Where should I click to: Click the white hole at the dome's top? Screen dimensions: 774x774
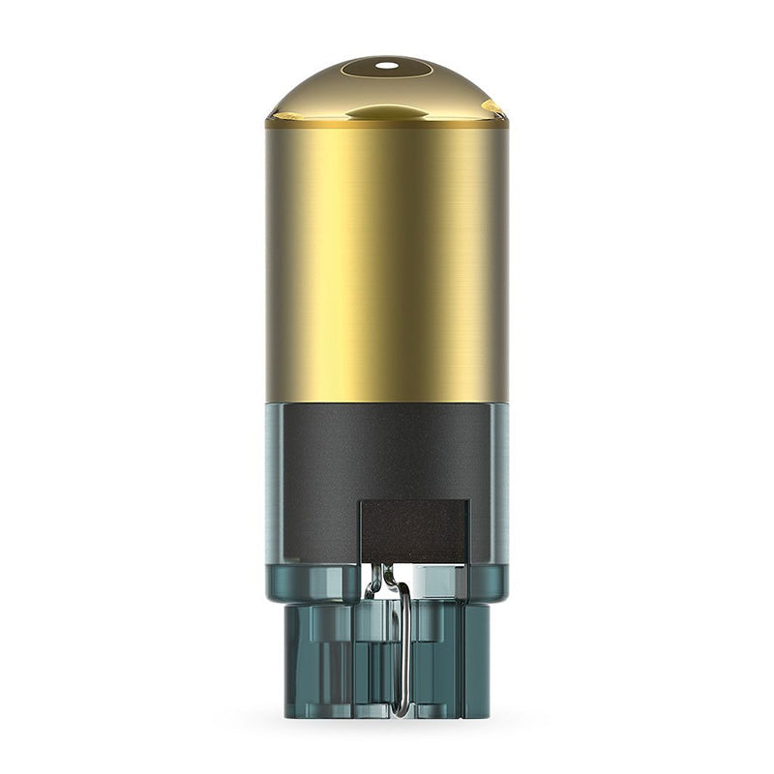(x=386, y=66)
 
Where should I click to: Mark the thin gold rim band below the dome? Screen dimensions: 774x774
(x=387, y=124)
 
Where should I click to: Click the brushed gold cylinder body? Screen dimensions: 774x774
(x=387, y=261)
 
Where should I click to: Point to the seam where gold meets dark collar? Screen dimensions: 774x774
(x=387, y=402)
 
